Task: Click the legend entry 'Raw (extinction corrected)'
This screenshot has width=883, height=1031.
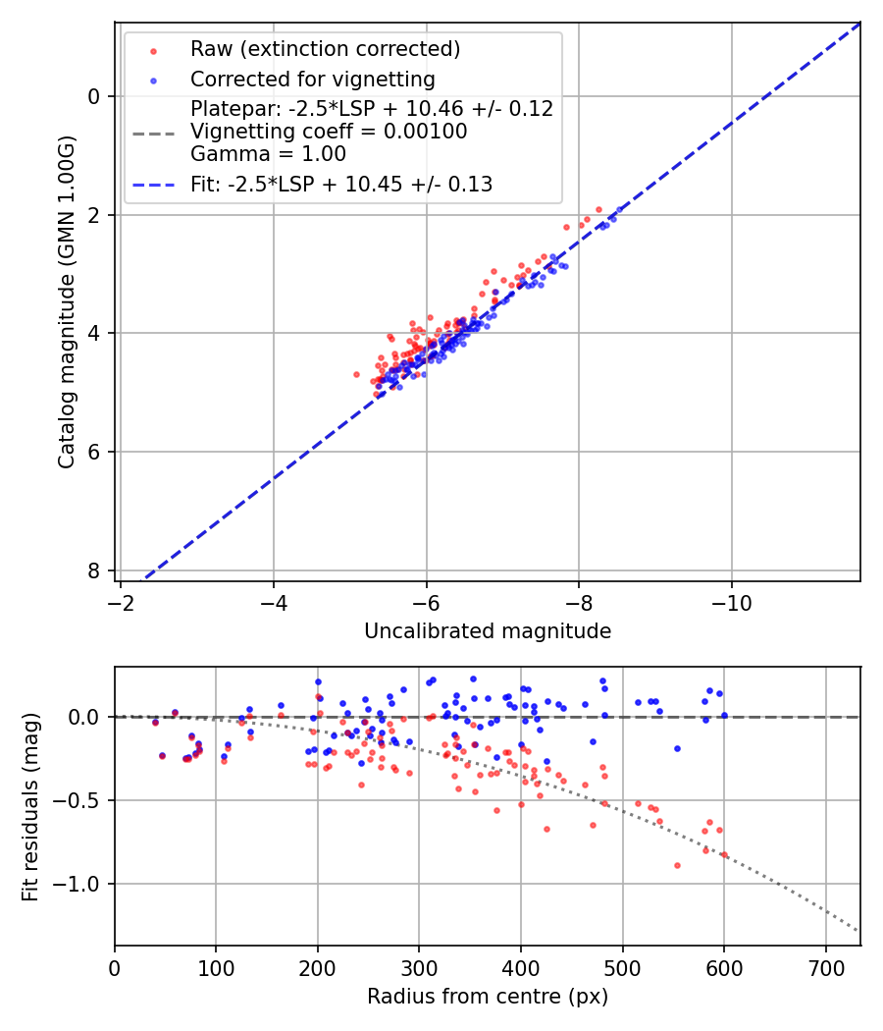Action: click(325, 49)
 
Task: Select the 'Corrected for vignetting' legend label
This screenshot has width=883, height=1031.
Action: click(312, 79)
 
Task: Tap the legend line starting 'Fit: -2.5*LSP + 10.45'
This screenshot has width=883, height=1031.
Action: click(340, 184)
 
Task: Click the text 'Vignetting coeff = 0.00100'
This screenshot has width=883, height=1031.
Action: click(329, 132)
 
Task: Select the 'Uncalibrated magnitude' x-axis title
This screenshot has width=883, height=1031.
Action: click(488, 631)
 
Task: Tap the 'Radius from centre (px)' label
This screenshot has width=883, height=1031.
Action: click(488, 997)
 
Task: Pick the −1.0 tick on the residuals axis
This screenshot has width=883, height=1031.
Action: click(82, 885)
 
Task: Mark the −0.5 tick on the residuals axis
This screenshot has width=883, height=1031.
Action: click(82, 801)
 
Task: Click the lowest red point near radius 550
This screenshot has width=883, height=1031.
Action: click(677, 865)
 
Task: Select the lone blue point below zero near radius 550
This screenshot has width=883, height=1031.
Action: click(677, 748)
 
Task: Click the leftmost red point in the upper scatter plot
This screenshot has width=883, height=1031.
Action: click(357, 374)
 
